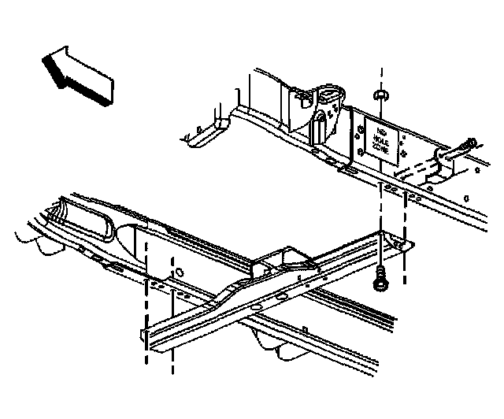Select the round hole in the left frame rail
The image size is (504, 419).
(x=180, y=273)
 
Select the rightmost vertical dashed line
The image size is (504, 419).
(x=405, y=236)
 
